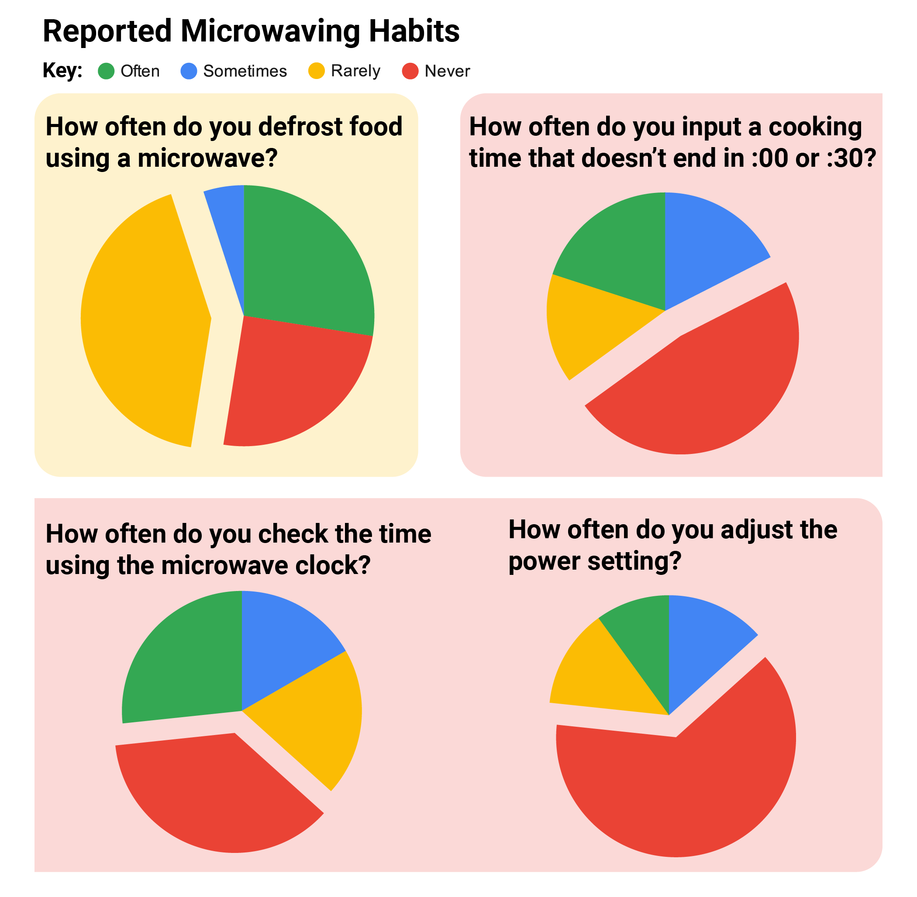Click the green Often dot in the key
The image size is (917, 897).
[106, 71]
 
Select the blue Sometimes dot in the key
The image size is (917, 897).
[189, 71]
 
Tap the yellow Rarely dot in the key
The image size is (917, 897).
[316, 71]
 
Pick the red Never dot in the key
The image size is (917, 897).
[410, 71]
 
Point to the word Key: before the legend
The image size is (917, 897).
[62, 71]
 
